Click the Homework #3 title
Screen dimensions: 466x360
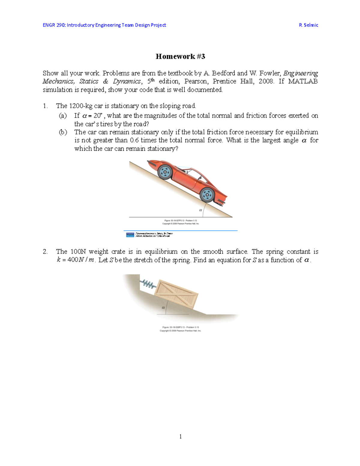[x=180, y=56]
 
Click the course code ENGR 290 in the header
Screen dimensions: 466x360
[x=54, y=25]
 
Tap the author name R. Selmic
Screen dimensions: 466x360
[x=308, y=25]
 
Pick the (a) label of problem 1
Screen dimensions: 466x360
[x=63, y=116]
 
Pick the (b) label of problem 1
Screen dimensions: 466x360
[x=63, y=132]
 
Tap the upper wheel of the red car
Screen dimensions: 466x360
[x=164, y=172]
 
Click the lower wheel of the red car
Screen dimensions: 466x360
[x=207, y=195]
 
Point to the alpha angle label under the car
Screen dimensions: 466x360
[x=200, y=210]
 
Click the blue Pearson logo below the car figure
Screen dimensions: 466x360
[x=130, y=235]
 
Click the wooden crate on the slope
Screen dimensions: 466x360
[x=176, y=294]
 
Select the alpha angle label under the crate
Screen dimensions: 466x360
[x=163, y=308]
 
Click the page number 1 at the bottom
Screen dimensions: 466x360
[x=180, y=437]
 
